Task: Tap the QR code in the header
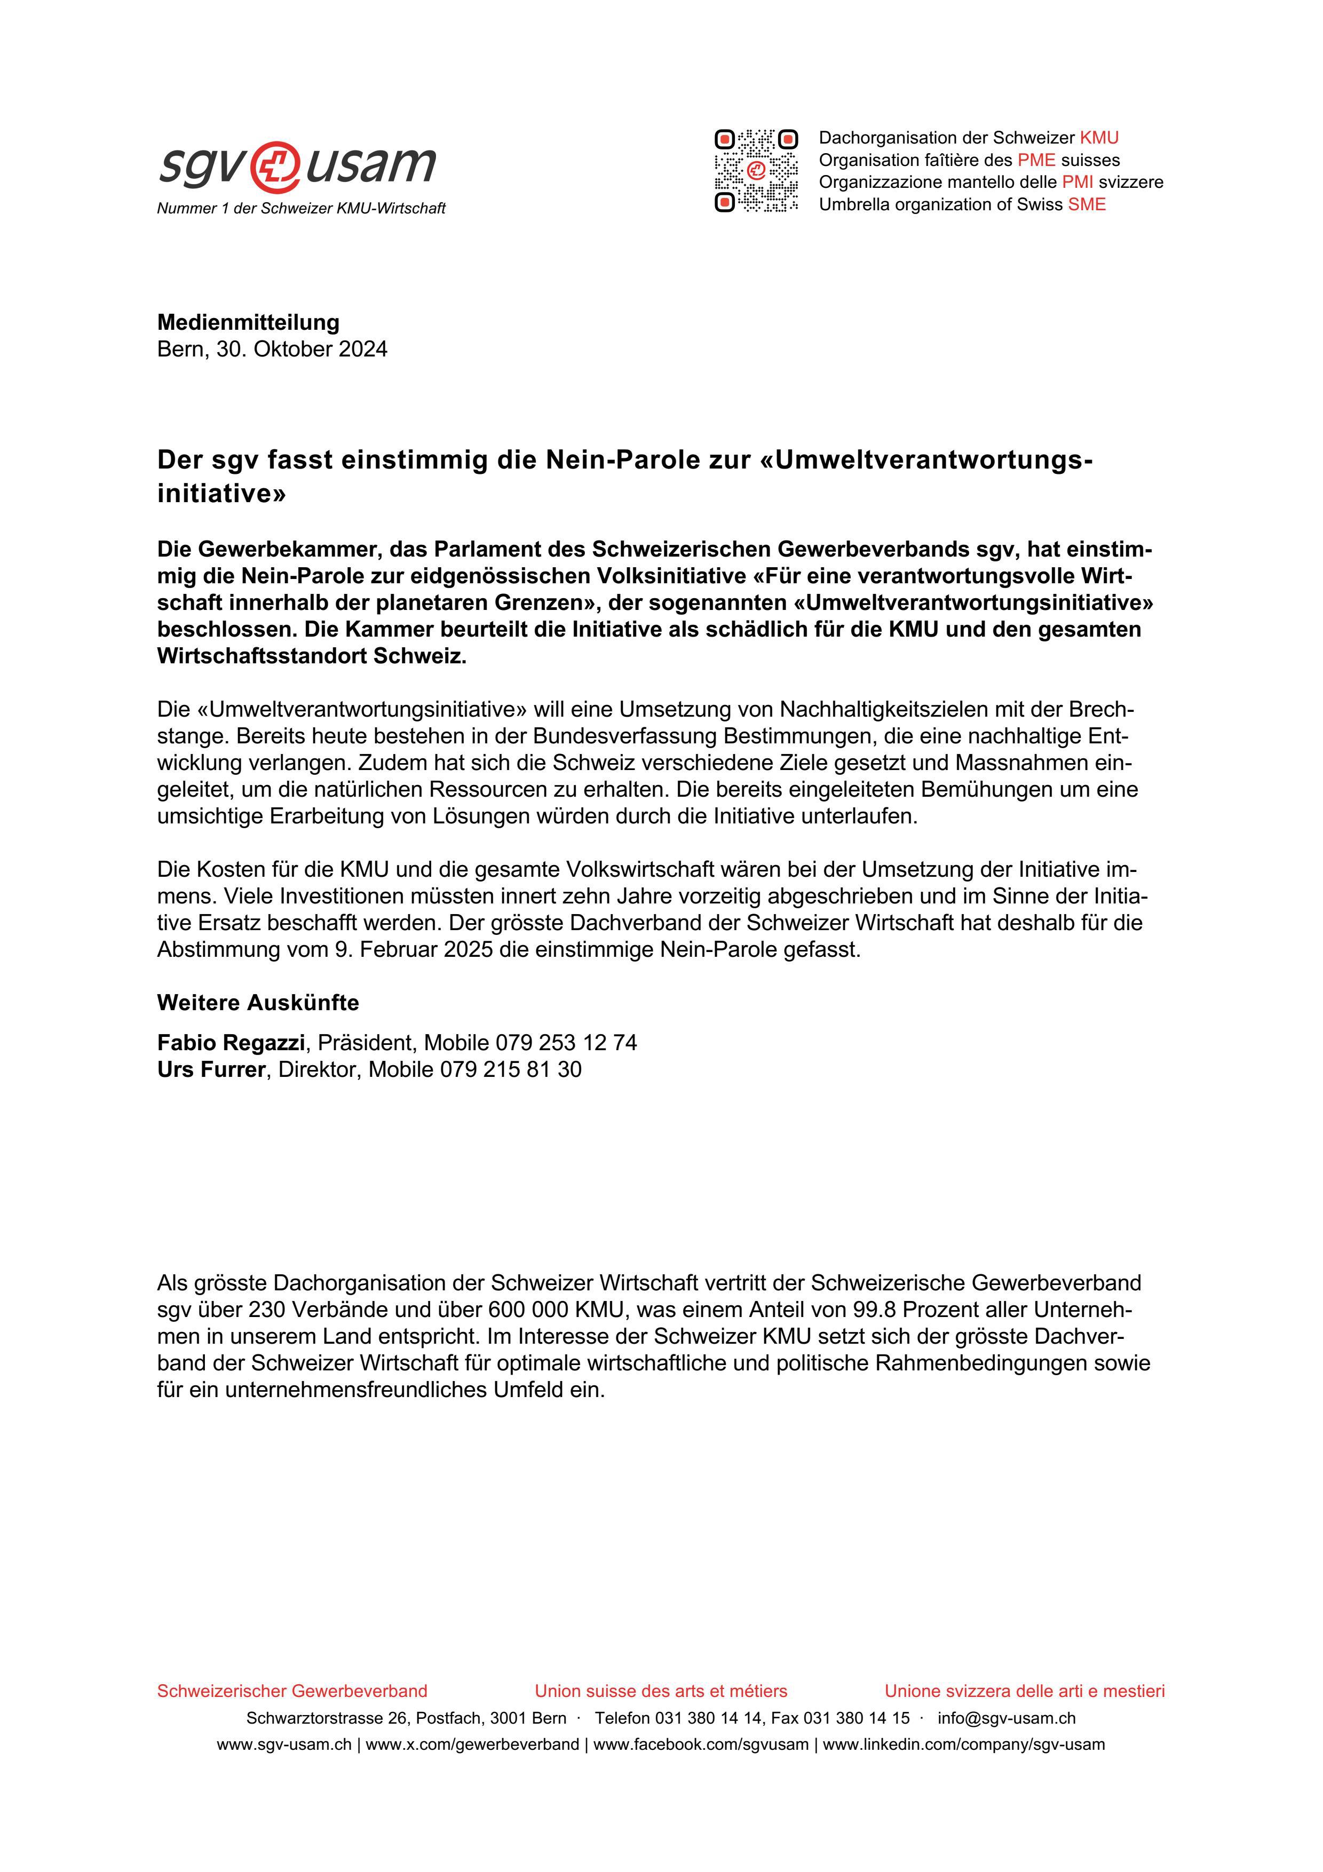pos(756,170)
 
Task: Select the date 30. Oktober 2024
pos(302,349)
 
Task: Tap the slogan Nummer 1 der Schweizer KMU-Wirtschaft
pos(301,209)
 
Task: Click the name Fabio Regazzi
pos(231,1042)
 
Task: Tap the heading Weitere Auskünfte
pos(258,1002)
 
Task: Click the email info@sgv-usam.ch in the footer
pos(1006,1718)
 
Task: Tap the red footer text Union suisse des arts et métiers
pos(660,1691)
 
